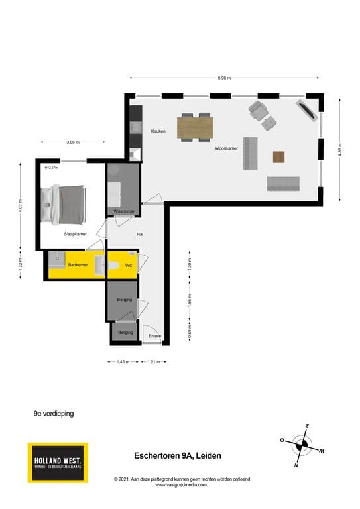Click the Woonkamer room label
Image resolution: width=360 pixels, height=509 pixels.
tap(226, 149)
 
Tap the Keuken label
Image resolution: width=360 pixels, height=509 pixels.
tap(158, 131)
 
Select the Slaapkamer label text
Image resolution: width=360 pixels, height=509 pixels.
tap(75, 234)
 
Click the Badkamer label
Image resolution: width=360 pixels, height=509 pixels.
tap(78, 265)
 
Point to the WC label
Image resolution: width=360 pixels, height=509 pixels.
tap(129, 265)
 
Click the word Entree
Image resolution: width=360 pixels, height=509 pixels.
tap(155, 336)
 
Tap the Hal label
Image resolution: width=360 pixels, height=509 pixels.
tap(140, 235)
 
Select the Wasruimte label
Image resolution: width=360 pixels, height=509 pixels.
tap(124, 211)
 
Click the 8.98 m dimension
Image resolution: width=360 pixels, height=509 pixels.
tap(224, 78)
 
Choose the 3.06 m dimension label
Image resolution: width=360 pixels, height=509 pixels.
tap(73, 142)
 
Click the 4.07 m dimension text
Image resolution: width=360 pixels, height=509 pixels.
tap(21, 207)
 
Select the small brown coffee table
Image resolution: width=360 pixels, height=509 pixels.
tap(279, 157)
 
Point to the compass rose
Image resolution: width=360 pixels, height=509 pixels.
tap(302, 444)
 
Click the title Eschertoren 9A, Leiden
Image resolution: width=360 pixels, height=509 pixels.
tap(178, 455)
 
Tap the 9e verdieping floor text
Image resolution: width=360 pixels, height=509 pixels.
tap(54, 413)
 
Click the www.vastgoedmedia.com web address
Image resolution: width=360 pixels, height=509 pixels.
tap(182, 485)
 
